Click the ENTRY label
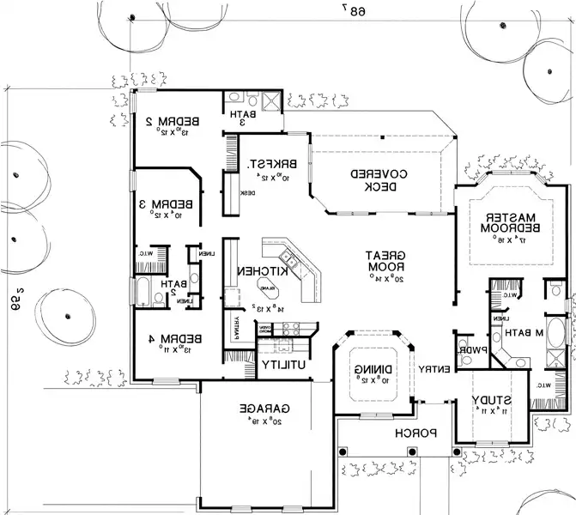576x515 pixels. (434, 369)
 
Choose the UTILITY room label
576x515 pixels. (284, 365)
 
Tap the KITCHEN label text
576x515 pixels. (259, 272)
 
